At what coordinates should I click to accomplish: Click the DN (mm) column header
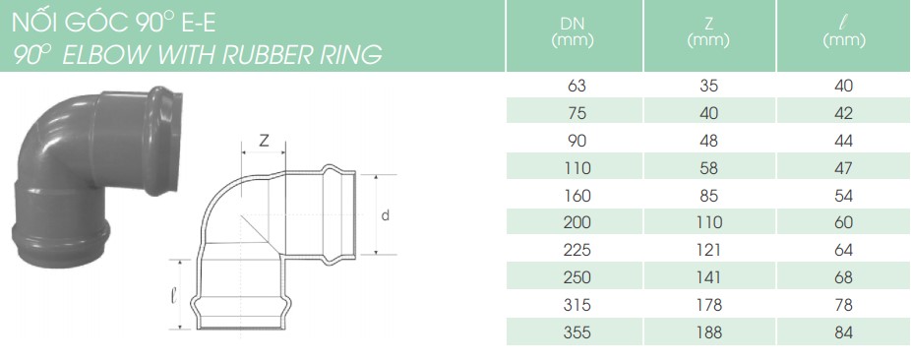573,31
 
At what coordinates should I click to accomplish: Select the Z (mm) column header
708,31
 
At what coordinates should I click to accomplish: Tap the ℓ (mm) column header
844,31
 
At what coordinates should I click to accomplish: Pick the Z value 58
708,168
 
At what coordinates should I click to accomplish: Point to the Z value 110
708,222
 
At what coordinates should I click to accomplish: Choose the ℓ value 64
843,250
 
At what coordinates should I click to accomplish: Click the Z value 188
708,332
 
